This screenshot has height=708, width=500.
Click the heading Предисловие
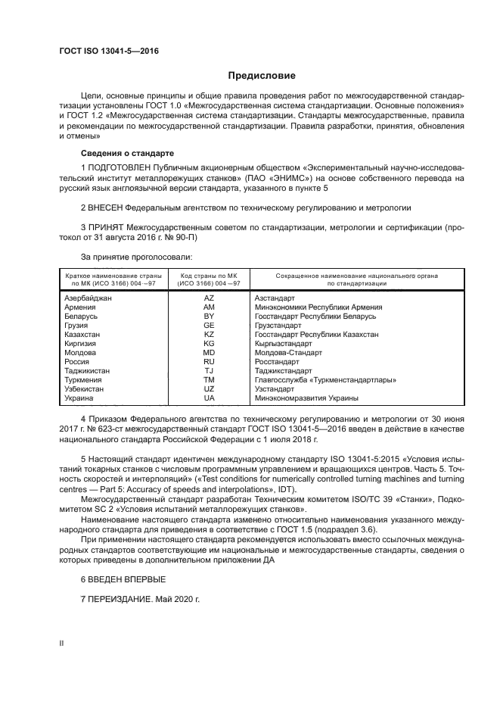tap(262, 76)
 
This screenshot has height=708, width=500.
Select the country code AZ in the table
tap(209, 298)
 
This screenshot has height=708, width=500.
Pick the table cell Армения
tap(79, 307)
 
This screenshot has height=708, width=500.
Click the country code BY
tap(209, 316)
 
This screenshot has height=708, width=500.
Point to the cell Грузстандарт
tap(279, 326)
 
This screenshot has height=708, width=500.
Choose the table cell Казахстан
tap(83, 335)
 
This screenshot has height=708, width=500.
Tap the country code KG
tap(209, 344)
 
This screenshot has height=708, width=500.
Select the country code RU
tap(209, 362)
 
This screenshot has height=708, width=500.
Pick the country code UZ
tap(209, 388)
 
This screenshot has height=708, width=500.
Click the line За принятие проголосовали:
tap(129, 257)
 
